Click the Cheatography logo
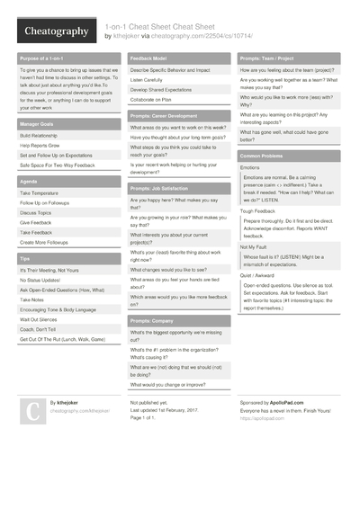(55, 32)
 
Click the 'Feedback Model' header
(150, 57)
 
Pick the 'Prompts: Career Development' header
(164, 116)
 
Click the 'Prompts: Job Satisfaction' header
(162, 188)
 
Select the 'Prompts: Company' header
(151, 320)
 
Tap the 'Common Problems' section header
(262, 155)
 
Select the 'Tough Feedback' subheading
(257, 210)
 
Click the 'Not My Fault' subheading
(253, 246)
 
